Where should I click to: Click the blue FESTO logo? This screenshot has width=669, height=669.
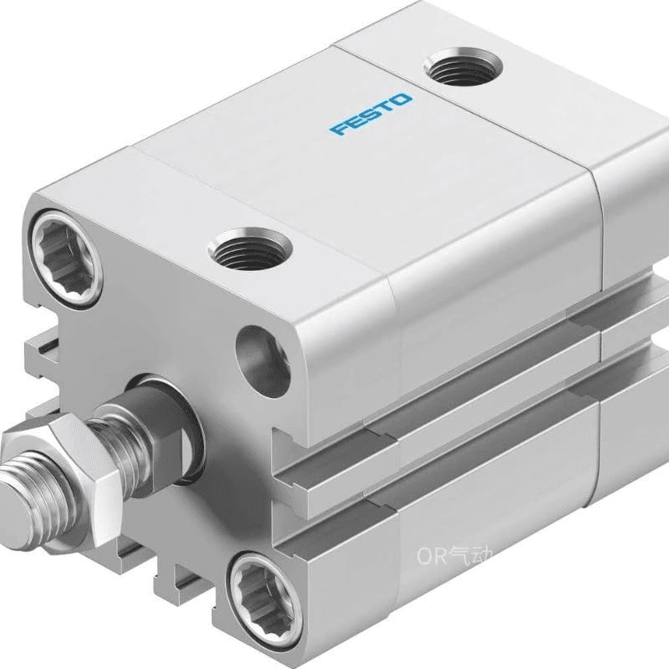tap(370, 114)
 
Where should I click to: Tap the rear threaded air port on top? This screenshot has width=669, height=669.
tap(463, 68)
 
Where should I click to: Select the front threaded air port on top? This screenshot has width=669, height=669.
tap(250, 249)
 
